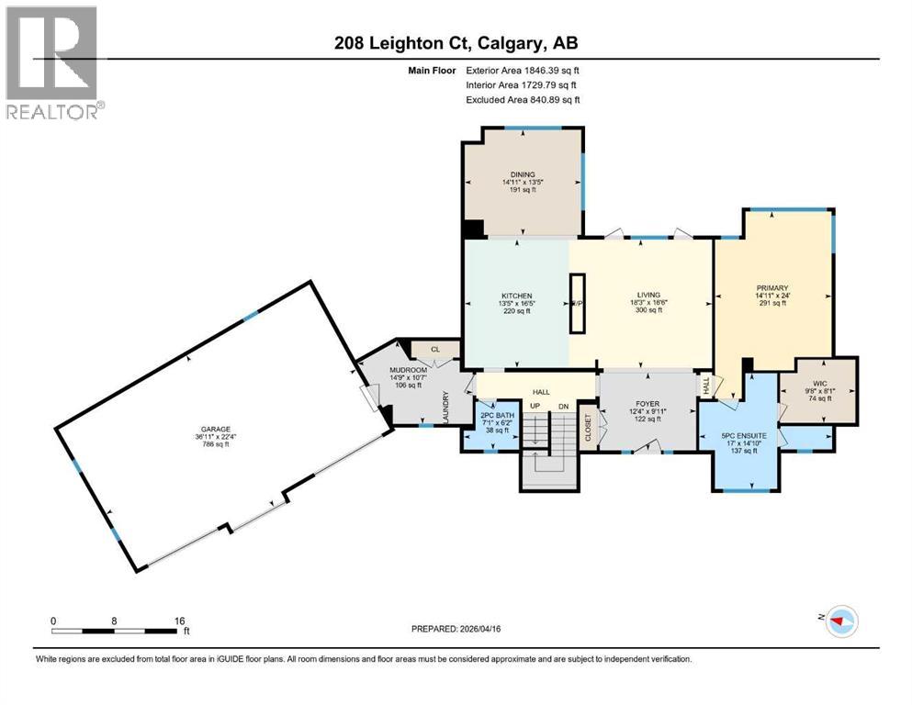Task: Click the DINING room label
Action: [523, 174]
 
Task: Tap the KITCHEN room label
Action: [516, 296]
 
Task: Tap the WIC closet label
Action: [818, 385]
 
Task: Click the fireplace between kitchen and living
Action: [577, 303]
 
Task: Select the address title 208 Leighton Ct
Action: [456, 43]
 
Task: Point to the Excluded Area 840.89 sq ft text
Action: [523, 99]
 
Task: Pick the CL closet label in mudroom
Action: [435, 349]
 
